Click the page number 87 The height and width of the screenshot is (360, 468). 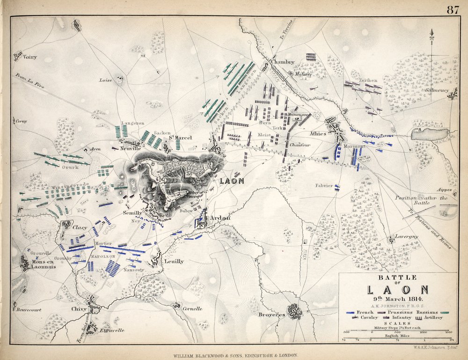coord(452,10)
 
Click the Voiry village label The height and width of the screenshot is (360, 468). coord(30,58)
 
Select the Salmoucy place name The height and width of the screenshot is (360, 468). coord(437,90)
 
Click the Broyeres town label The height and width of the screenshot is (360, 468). coord(272,315)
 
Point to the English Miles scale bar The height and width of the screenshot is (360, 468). coord(398,339)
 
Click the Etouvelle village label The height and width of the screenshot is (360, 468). coord(111,330)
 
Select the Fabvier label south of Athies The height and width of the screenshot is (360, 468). coord(324,186)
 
